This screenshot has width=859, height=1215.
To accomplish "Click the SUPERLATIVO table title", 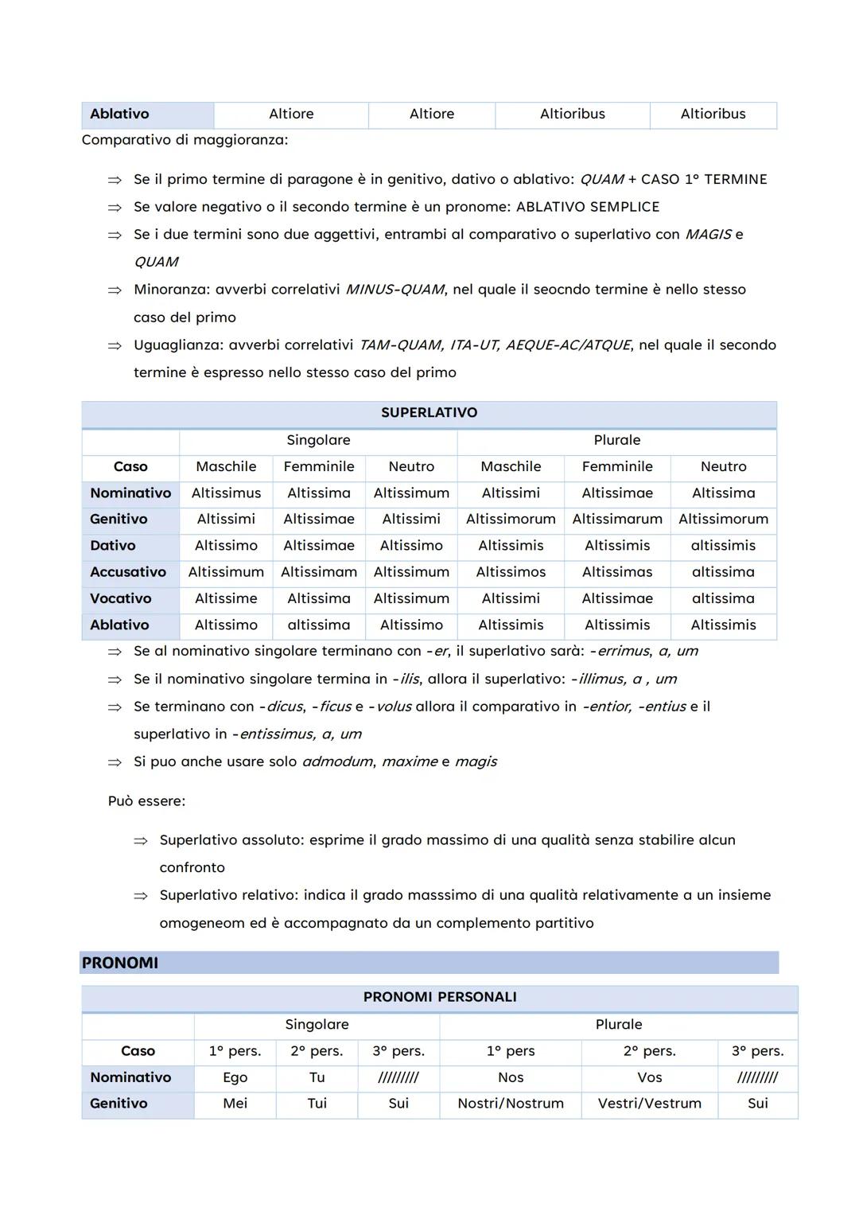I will coord(429,413).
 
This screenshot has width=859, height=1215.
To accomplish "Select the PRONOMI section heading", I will coord(120,963).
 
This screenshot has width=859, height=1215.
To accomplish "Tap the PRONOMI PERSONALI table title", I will coord(439,997).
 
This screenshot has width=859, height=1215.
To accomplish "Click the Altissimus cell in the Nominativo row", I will coord(226,493).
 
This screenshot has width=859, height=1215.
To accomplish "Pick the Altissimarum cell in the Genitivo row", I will coord(616,520).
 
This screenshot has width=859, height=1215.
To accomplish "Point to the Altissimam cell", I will coord(318,572).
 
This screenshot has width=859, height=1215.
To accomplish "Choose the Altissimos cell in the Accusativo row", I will coord(511,572).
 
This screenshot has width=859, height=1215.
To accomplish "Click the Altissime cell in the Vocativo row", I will coord(226,598).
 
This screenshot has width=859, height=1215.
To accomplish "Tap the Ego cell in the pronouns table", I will coord(235,1077).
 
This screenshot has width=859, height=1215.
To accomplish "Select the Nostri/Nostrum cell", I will coord(510,1104).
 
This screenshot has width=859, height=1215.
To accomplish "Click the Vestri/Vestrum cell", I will coord(649,1104).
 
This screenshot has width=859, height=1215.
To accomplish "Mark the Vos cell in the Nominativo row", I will coord(649,1077).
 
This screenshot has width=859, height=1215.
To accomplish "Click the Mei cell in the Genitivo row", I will coord(235,1104).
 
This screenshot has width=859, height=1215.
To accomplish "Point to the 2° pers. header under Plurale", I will coord(649,1051).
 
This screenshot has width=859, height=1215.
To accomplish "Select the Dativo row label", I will coord(113,546).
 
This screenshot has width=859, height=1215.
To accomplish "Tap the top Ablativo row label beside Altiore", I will coord(119,114).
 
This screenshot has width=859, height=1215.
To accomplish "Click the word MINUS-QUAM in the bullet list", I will coord(395,290).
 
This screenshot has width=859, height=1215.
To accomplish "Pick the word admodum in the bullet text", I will coord(337,762).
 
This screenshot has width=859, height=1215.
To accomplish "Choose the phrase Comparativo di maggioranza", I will coord(185,140).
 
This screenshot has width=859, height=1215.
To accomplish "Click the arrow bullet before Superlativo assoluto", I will coord(141,841).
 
